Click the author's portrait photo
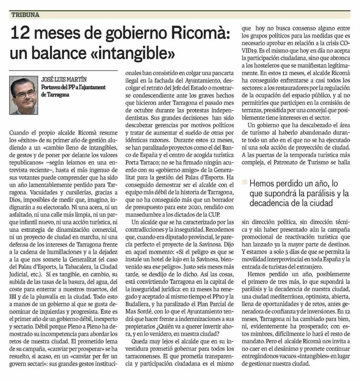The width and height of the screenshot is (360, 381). [23, 95]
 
